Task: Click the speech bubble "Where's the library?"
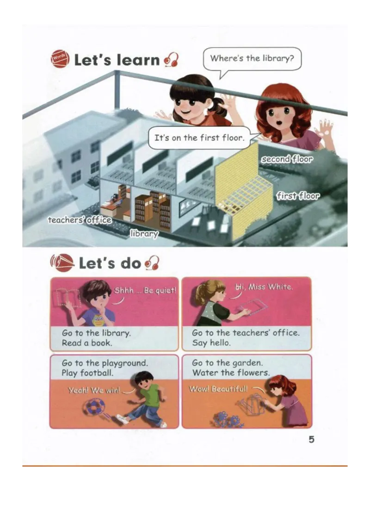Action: pyautogui.click(x=252, y=59)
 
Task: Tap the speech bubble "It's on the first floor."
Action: pyautogui.click(x=199, y=138)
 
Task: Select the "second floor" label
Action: pyautogui.click(x=287, y=159)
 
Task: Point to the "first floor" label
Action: pyautogui.click(x=298, y=196)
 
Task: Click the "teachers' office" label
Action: pyautogui.click(x=80, y=220)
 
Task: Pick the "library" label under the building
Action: pyautogui.click(x=144, y=234)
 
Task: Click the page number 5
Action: pyautogui.click(x=311, y=439)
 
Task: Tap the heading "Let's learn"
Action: pyautogui.click(x=117, y=60)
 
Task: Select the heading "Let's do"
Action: pyautogui.click(x=110, y=263)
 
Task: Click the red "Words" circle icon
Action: pyautogui.click(x=60, y=59)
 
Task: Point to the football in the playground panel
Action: pyautogui.click(x=94, y=407)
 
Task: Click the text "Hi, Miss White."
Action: pyautogui.click(x=264, y=287)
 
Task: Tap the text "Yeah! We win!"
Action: pyautogui.click(x=94, y=390)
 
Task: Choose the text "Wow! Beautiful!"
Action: pyautogui.click(x=218, y=389)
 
